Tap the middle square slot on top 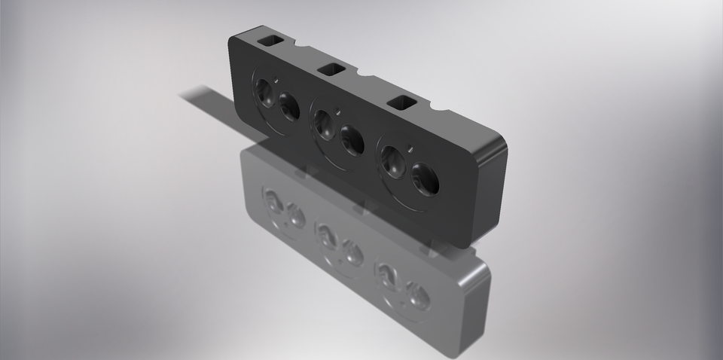tap(331, 69)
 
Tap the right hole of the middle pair tap(352, 139)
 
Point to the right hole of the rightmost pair tap(426, 179)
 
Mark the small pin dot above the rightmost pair tap(408, 147)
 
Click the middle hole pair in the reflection tap(340, 242)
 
